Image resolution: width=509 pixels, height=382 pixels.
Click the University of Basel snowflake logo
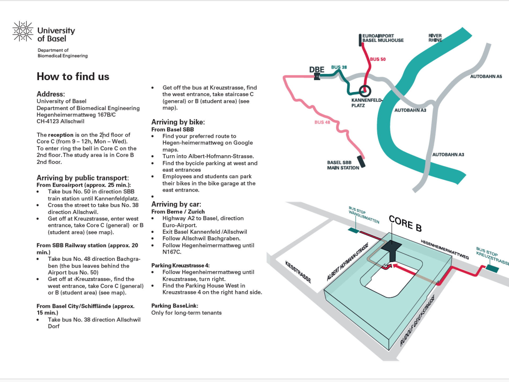[23, 31]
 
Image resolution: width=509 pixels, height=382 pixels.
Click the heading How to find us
[73, 76]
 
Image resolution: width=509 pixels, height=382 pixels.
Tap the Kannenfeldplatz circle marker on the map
[365, 91]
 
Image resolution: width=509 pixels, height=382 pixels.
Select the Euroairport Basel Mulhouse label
[383, 38]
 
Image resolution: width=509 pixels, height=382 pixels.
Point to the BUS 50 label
[378, 59]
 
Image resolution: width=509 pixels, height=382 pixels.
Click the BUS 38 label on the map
[339, 67]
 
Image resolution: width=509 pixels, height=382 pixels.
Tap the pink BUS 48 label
[322, 122]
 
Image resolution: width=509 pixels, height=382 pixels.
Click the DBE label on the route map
[317, 70]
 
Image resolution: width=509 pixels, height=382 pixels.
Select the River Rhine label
[435, 38]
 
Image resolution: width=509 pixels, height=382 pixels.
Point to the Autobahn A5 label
[486, 76]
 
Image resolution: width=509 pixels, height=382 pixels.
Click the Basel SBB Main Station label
[343, 165]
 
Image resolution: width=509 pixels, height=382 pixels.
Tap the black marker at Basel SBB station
[361, 162]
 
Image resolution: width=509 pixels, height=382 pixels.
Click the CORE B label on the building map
[405, 223]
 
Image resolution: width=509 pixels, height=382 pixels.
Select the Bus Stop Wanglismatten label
[364, 215]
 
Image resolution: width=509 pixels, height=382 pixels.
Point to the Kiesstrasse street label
[298, 272]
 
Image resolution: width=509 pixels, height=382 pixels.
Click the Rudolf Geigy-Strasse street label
[417, 320]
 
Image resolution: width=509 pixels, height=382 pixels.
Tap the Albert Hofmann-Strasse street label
[347, 262]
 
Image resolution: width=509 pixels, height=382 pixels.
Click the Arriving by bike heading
[178, 122]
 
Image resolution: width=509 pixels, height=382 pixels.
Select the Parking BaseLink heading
[175, 306]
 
